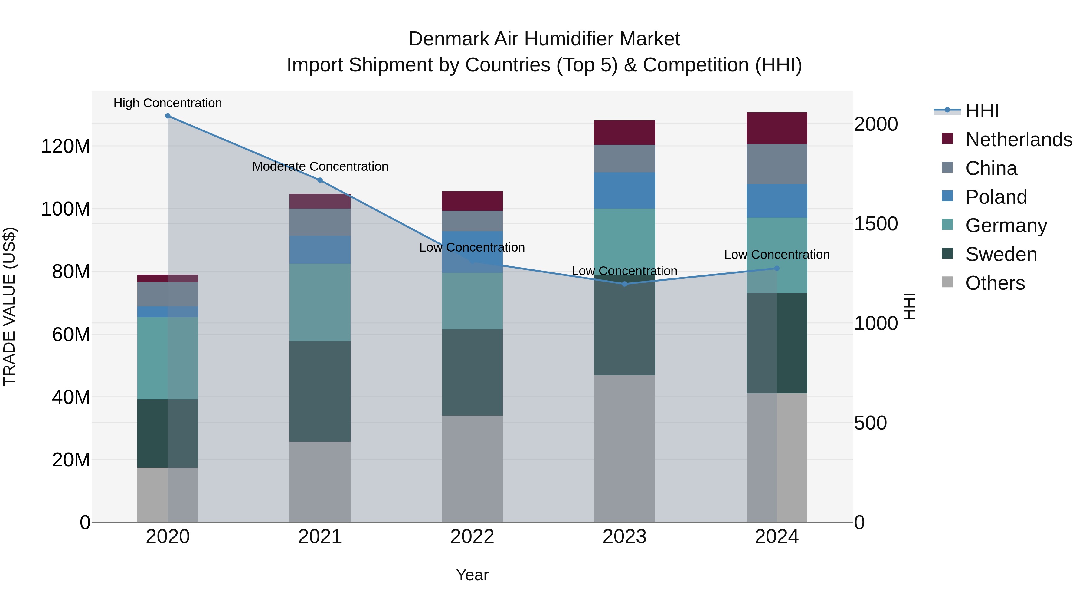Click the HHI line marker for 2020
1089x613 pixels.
(x=168, y=116)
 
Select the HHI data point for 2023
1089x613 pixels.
(x=624, y=284)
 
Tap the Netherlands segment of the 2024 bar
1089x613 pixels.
(x=777, y=128)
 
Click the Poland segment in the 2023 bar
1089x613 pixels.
(x=624, y=190)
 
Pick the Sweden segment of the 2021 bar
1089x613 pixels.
(x=320, y=391)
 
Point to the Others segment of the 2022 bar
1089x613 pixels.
(x=472, y=469)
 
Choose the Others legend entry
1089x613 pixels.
(x=995, y=283)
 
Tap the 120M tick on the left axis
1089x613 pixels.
(x=66, y=147)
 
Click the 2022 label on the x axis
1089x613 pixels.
(x=472, y=537)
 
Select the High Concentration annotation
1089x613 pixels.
(x=168, y=103)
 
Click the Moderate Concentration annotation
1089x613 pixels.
(x=320, y=167)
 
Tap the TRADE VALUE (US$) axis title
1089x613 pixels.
(x=9, y=306)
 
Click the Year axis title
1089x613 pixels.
(x=472, y=575)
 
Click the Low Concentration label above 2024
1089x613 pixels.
(x=777, y=255)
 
